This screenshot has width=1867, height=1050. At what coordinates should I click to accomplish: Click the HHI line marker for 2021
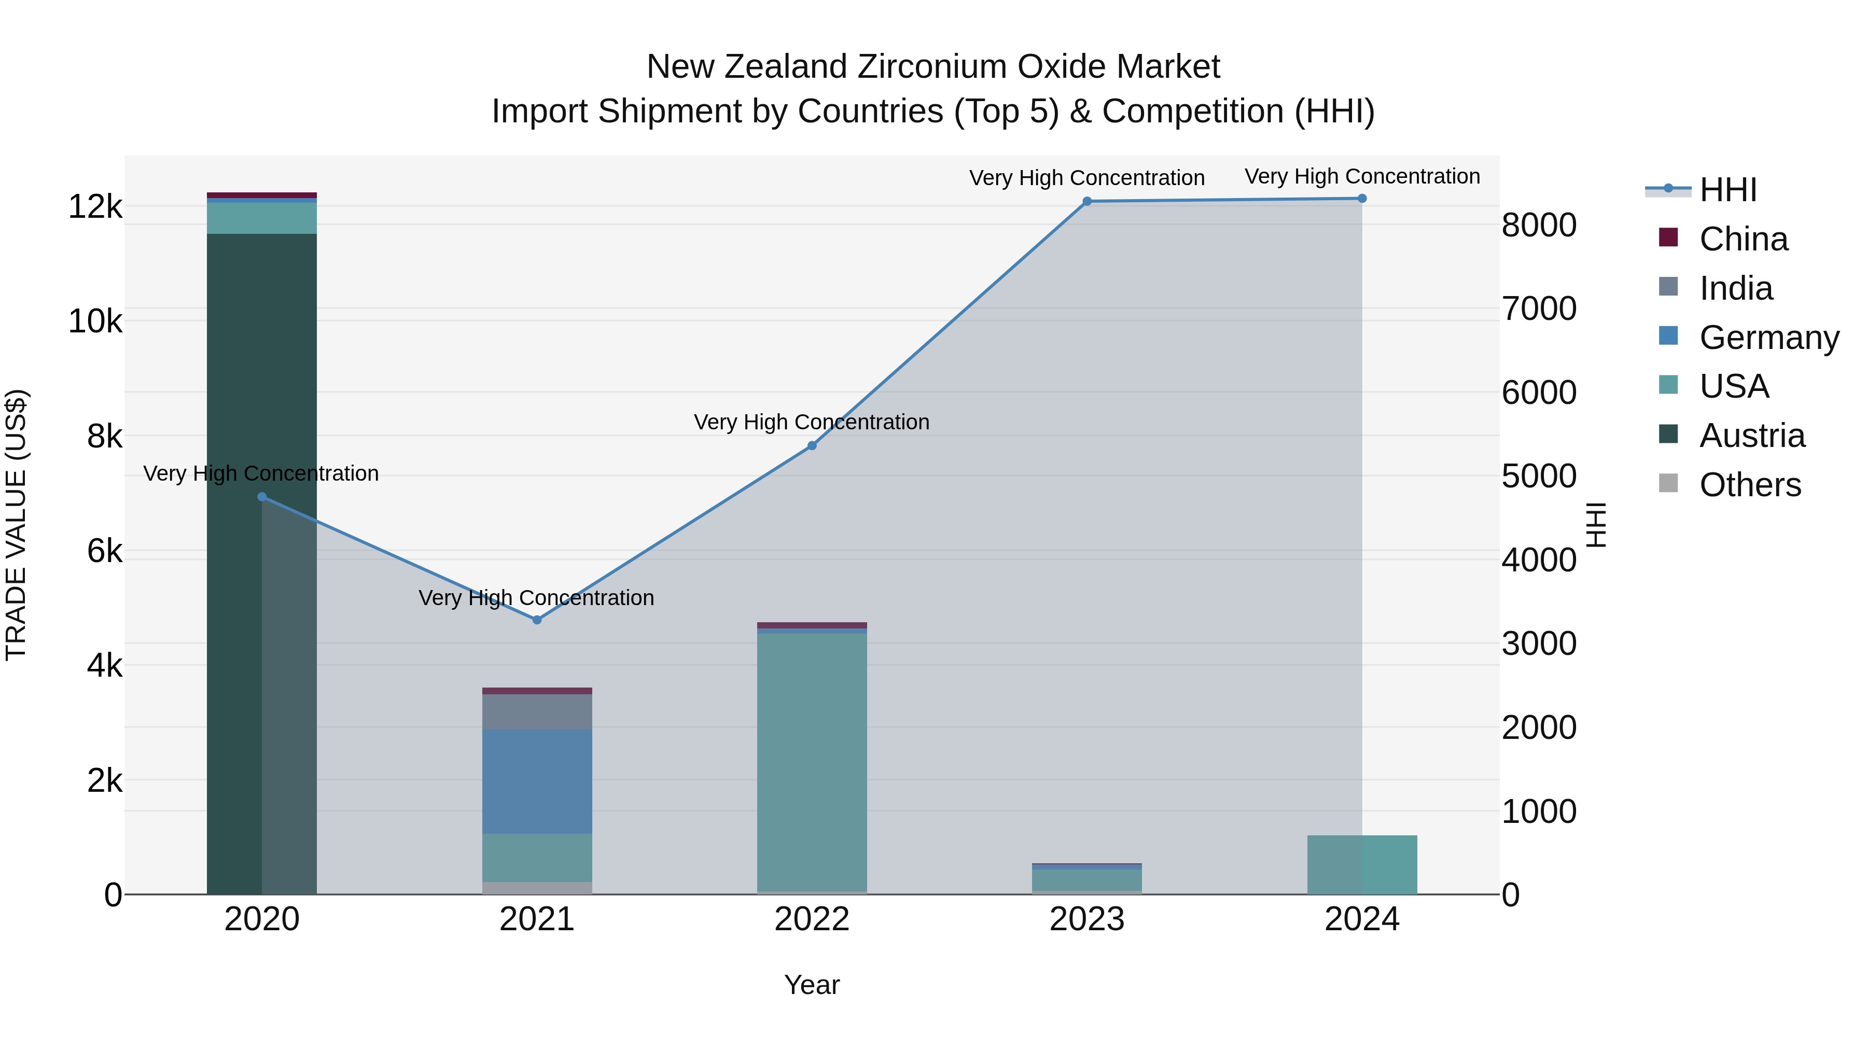pyautogui.click(x=537, y=620)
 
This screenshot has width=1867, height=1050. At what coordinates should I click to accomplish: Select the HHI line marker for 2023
pyautogui.click(x=1087, y=202)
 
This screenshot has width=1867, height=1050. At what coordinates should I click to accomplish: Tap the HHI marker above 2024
pyautogui.click(x=1362, y=199)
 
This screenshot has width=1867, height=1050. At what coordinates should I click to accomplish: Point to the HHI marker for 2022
pyautogui.click(x=812, y=445)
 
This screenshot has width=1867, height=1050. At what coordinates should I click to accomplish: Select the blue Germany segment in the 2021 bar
pyautogui.click(x=537, y=781)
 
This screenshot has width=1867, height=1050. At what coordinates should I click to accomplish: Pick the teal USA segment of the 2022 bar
pyautogui.click(x=812, y=761)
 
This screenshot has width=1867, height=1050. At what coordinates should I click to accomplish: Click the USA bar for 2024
pyautogui.click(x=1362, y=865)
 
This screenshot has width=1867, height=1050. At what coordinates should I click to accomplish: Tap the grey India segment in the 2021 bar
pyautogui.click(x=537, y=711)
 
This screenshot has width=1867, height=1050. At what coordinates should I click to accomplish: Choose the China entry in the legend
pyautogui.click(x=1743, y=239)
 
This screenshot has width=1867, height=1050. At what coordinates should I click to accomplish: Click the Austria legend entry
pyautogui.click(x=1752, y=436)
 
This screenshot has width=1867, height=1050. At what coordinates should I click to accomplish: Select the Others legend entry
pyautogui.click(x=1750, y=485)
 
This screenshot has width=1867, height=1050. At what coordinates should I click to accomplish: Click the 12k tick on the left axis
pyautogui.click(x=95, y=207)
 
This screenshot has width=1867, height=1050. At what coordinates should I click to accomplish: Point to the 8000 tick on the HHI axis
pyautogui.click(x=1539, y=226)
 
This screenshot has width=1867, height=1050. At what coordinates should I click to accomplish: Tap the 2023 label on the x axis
pyautogui.click(x=1087, y=919)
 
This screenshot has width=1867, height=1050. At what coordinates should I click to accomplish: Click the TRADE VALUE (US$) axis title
pyautogui.click(x=16, y=525)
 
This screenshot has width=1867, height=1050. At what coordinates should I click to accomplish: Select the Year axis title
pyautogui.click(x=812, y=985)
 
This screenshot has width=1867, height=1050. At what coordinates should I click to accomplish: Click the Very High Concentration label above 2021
pyautogui.click(x=536, y=598)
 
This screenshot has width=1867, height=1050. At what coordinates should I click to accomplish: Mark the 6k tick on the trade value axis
pyautogui.click(x=104, y=552)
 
